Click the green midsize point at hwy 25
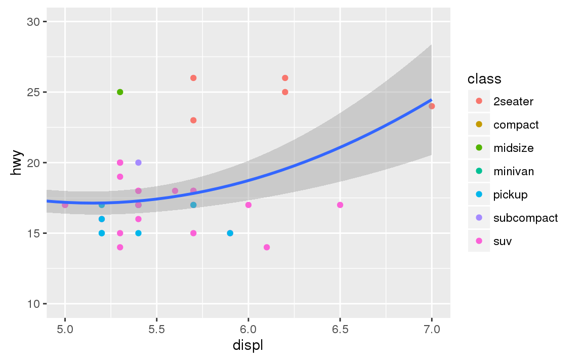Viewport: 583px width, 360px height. point(120,92)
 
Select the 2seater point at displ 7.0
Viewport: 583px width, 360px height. point(432,106)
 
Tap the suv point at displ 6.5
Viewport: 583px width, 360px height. point(340,205)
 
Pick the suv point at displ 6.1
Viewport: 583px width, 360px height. point(267,248)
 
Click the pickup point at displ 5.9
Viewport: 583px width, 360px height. point(230,233)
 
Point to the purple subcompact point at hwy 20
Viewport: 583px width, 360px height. point(138,163)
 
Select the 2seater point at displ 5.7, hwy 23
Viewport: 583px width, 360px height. point(193,121)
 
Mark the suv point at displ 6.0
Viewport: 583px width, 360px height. point(248,205)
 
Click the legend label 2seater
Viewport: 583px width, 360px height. point(513,101)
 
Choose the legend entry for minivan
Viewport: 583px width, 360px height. point(513,171)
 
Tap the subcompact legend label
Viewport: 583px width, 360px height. point(525,218)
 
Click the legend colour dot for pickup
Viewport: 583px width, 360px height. point(479,194)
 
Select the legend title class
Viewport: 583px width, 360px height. point(484,79)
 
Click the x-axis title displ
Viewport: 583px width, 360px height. point(248,346)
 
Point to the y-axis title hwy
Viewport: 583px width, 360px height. point(17,163)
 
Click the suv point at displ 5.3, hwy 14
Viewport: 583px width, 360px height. point(120,248)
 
